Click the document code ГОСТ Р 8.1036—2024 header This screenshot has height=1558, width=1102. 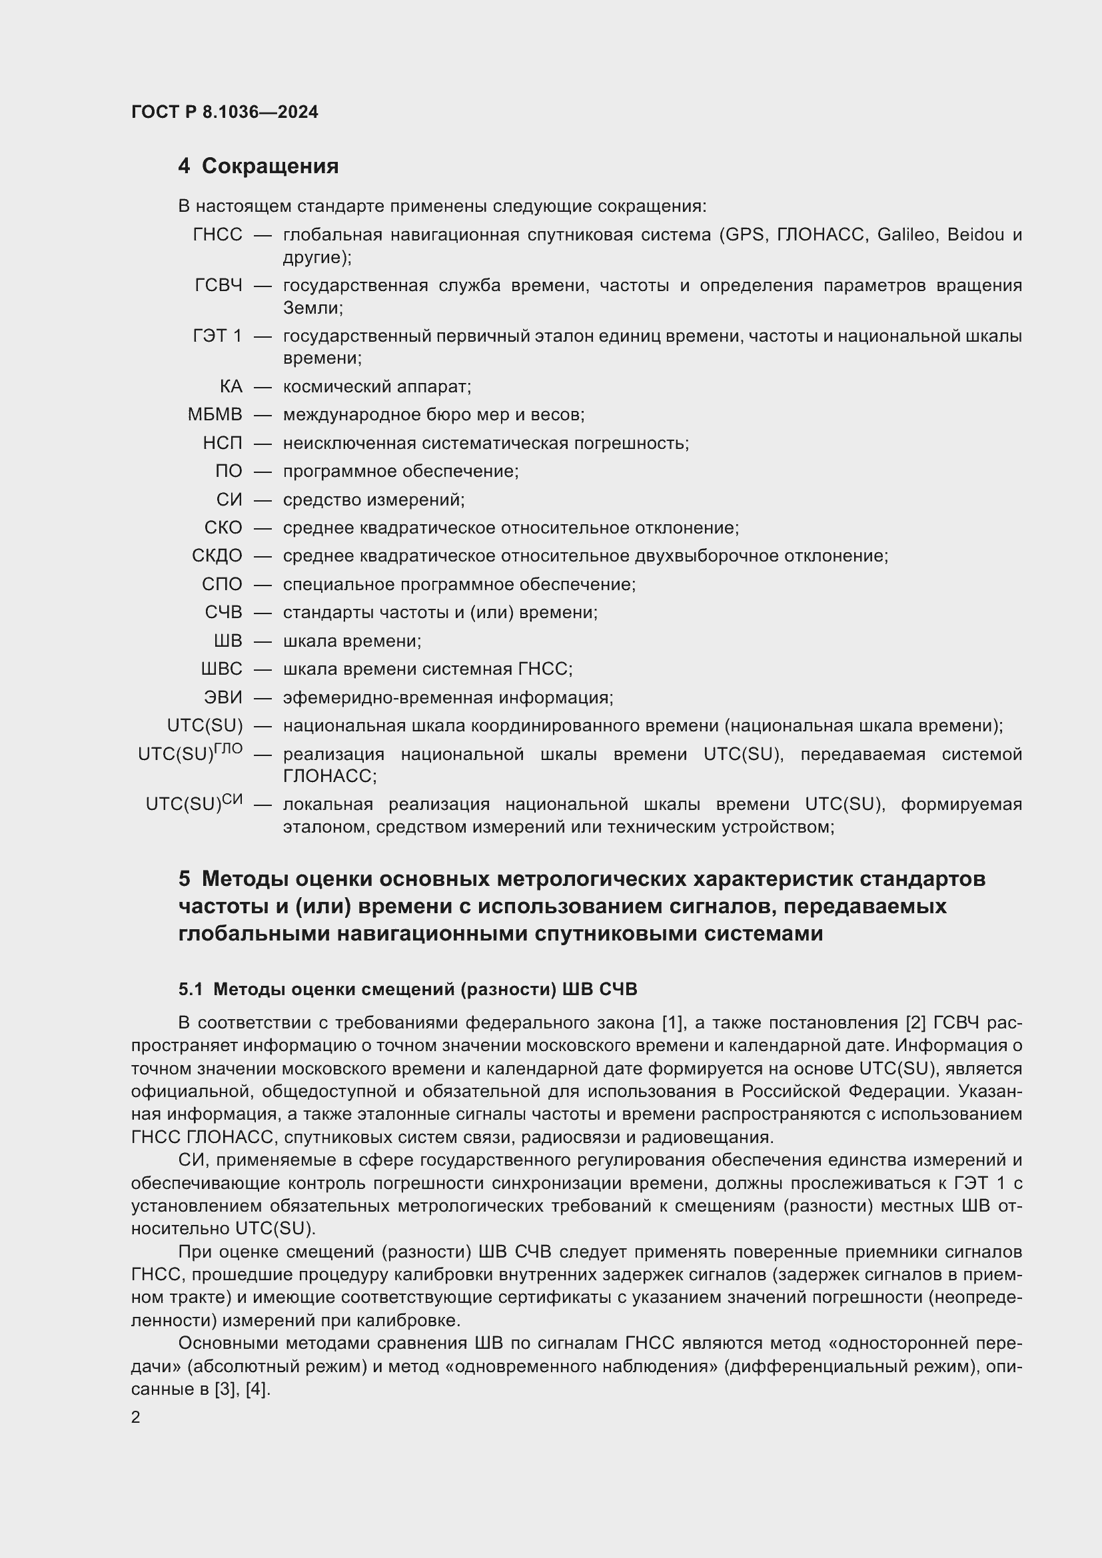pos(225,112)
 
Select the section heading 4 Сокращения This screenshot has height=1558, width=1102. pos(259,167)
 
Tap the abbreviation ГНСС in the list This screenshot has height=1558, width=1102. pos(217,234)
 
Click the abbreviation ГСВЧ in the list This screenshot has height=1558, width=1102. pos(218,286)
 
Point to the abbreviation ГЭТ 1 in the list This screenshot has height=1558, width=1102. pos(217,336)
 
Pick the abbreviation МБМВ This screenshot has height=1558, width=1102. pos(215,414)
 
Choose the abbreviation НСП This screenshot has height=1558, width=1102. pos(222,443)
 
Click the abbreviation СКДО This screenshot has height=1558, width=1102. pos(217,556)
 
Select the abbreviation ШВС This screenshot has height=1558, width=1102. pos(221,669)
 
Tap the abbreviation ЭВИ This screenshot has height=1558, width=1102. pos(223,697)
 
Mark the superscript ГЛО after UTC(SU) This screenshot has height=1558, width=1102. pos(228,748)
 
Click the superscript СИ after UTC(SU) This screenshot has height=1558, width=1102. pos(232,799)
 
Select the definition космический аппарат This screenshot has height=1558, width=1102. pos(376,387)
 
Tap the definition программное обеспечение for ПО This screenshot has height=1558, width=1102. pos(400,471)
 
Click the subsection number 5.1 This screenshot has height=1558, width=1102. pos(191,989)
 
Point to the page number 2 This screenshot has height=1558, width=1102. pos(136,1418)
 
